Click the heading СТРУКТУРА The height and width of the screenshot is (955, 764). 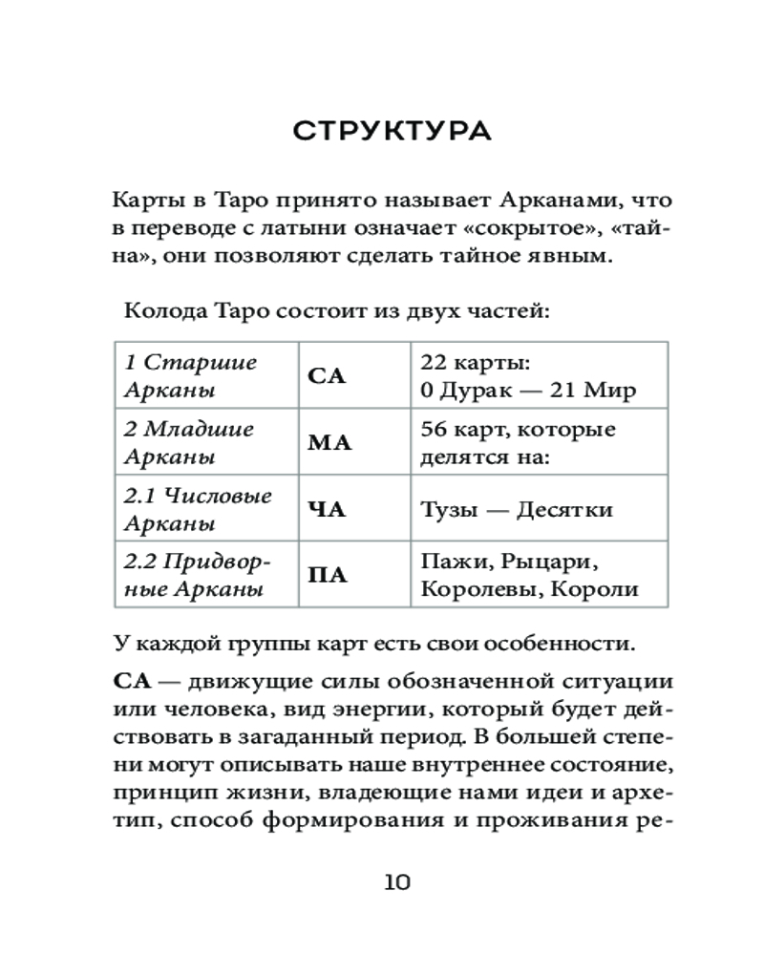392,131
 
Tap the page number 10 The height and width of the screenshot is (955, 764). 392,881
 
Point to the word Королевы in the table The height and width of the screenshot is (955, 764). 470,589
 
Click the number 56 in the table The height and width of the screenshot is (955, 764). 433,429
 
